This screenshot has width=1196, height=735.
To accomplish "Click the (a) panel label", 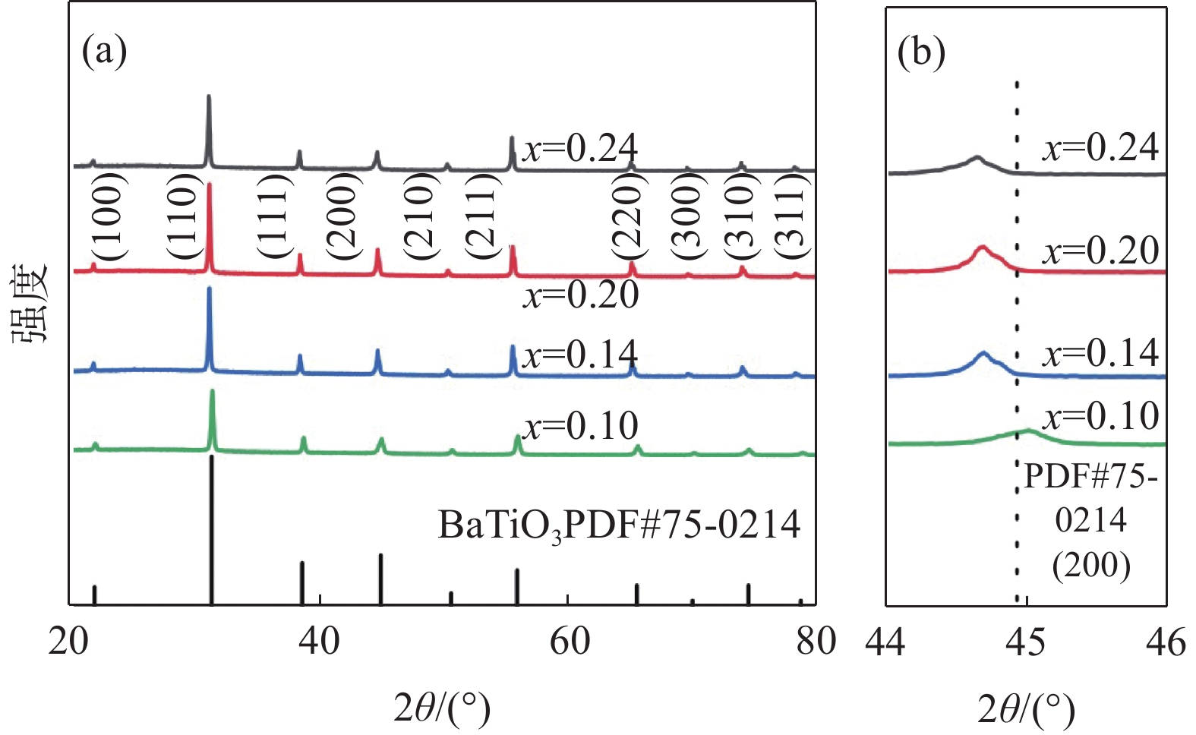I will [x=104, y=52].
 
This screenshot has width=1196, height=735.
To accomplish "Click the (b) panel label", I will [x=921, y=52].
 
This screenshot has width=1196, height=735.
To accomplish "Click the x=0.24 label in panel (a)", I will [x=581, y=148].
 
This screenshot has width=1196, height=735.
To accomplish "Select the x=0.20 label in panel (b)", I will [x=1101, y=250].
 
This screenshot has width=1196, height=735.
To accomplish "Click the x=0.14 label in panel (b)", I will [x=1101, y=352].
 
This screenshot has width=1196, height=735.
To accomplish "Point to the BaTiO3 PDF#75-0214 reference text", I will [x=619, y=525].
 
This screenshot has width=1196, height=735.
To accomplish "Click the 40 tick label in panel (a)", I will [x=319, y=642].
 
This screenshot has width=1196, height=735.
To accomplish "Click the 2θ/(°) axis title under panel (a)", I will [x=442, y=708].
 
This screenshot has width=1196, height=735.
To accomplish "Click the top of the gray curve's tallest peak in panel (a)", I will [x=209, y=97].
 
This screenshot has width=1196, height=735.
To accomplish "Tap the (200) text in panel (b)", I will [x=1091, y=565].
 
